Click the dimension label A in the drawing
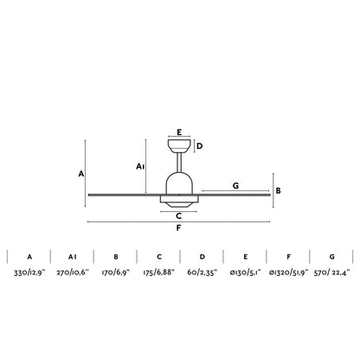pyautogui.click(x=81, y=174)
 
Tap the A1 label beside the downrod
pyautogui.click(x=140, y=166)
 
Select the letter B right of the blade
pyautogui.click(x=278, y=190)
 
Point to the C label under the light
pyautogui.click(x=179, y=215)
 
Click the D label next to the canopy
pyautogui.click(x=199, y=146)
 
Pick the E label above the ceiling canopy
pyautogui.click(x=179, y=132)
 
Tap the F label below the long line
pyautogui.click(x=178, y=228)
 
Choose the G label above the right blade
pyautogui.click(x=235, y=186)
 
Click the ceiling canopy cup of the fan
pyautogui.click(x=179, y=146)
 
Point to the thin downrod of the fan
pyautogui.click(x=179, y=163)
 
